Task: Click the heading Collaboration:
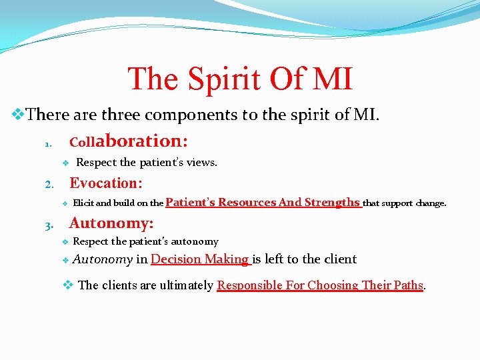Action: [x=129, y=141]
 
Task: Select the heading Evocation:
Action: [x=106, y=183]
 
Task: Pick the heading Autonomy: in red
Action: [x=111, y=223]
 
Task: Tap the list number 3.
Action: [x=47, y=225]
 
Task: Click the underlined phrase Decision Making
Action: [x=200, y=259]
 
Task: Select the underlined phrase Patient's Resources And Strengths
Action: [x=263, y=203]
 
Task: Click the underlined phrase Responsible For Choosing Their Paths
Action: [x=320, y=285]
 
